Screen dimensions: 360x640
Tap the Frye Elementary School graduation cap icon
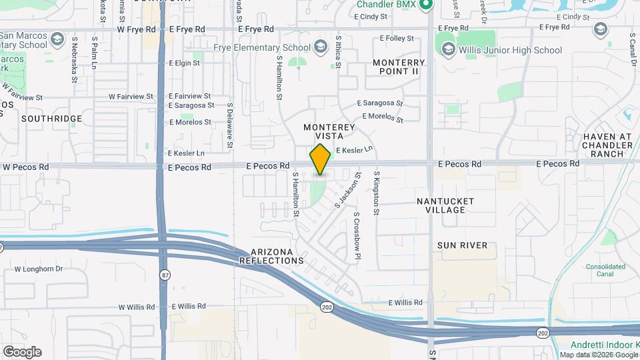click(321, 47)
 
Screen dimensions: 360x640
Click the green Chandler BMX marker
click(425, 5)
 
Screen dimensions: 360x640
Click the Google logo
click(21, 352)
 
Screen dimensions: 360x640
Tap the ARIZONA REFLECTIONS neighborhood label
click(277, 255)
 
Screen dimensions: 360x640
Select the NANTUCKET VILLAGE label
click(445, 205)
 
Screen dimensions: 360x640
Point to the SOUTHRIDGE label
click(51, 119)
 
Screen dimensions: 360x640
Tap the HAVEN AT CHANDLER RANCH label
click(607, 145)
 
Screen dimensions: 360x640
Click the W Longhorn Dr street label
click(38, 269)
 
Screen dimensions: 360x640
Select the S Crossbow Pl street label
click(357, 235)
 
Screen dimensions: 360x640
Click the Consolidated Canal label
click(607, 271)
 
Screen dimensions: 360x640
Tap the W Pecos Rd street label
click(26, 167)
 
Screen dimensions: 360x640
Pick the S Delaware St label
click(229, 125)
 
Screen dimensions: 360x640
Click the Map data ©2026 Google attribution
click(598, 355)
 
